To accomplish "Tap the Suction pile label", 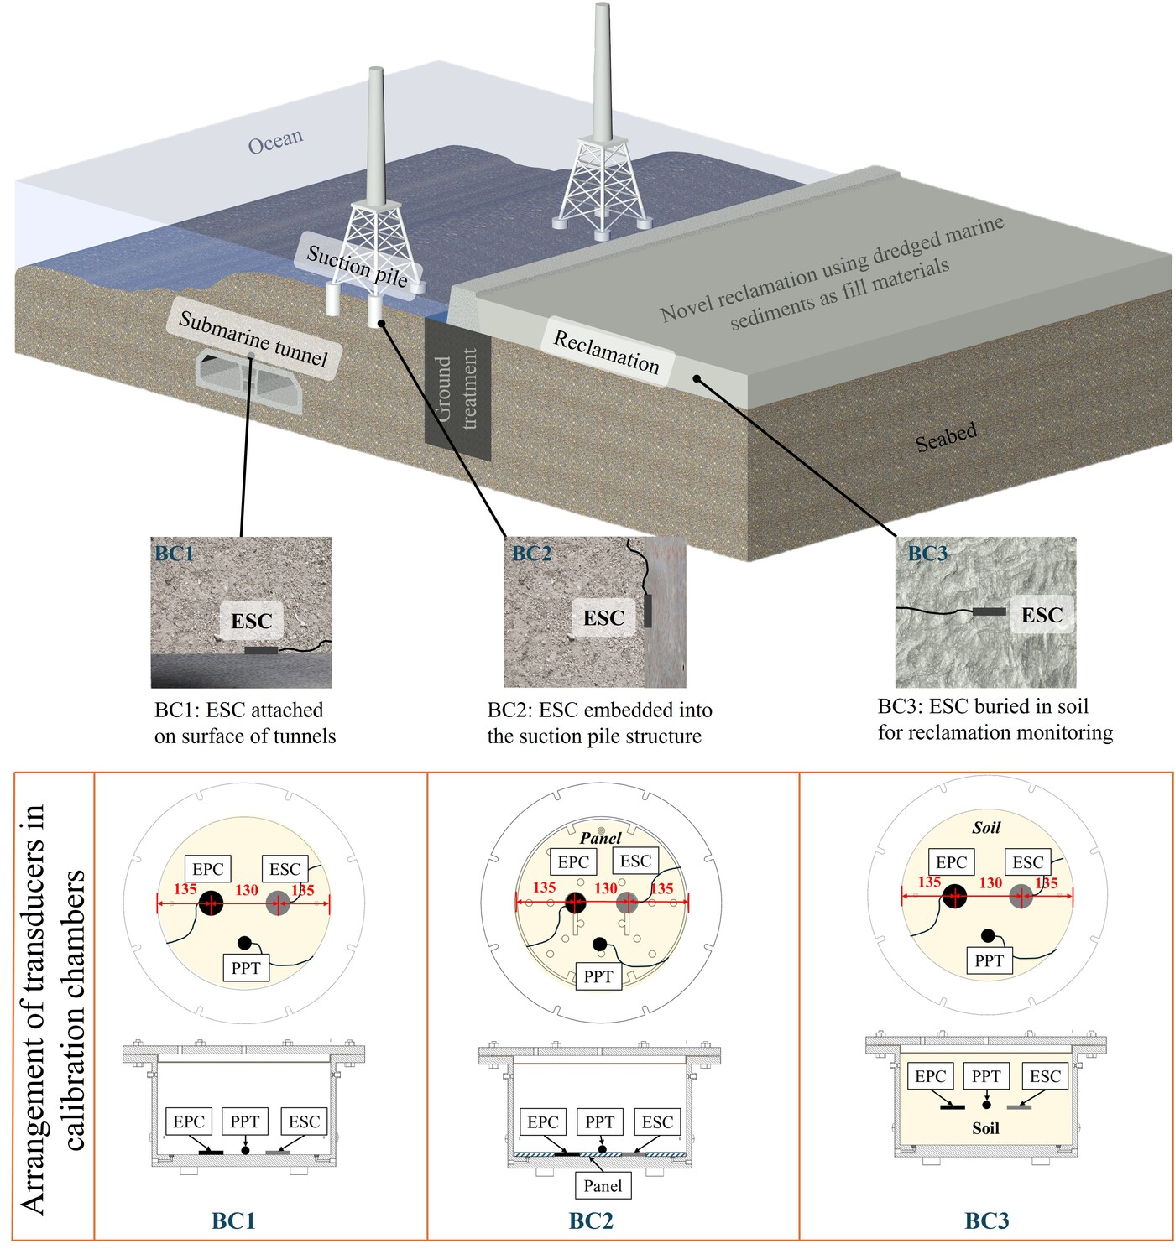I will pos(358,265).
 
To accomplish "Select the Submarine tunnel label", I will pos(253,338).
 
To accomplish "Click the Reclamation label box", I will pos(606,351).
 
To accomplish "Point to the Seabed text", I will pos(946,436).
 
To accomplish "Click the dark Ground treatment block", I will pos(457,389).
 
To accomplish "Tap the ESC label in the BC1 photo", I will pos(251,621).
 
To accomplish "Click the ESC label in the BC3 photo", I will pos(1042,615).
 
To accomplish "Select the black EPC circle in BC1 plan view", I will pos(211,903).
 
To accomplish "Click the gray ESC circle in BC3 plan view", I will pos(1021,896).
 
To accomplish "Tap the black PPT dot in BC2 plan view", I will pos(599,945).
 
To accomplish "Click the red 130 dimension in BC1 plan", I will pos(247,889).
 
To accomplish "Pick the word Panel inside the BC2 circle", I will pos(600,837).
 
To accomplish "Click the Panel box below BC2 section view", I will pos(603,1185).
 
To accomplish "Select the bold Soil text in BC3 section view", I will pos(985,1128).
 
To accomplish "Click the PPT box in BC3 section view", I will pos(986,1076).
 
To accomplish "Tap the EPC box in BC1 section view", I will pos(189,1121).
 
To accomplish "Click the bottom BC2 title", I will pos(591,1220).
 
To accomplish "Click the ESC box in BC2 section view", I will pos(657,1121).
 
